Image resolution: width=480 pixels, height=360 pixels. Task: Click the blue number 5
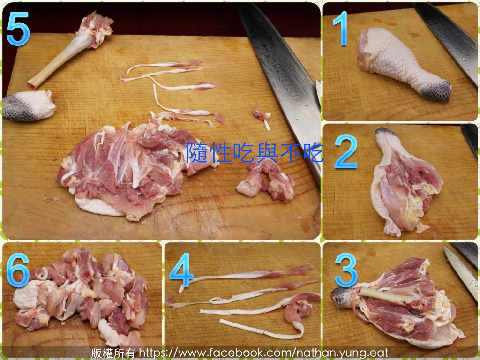pos(18,29)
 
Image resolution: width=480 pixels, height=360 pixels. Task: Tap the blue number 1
pos(341,29)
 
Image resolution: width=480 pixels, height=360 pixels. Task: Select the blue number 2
pos(346,151)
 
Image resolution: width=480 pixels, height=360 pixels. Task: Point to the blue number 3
pos(346,270)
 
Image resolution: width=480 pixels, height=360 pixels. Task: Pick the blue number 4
pos(181,270)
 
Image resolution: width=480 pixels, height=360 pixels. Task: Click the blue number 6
pos(18,270)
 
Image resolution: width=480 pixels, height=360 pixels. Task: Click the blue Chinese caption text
pos(255,152)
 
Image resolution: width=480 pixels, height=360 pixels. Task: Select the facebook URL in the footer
pos(263,352)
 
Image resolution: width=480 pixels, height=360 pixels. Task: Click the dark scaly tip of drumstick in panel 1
pos(438,90)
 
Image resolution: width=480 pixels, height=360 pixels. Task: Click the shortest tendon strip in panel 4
pos(260,329)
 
